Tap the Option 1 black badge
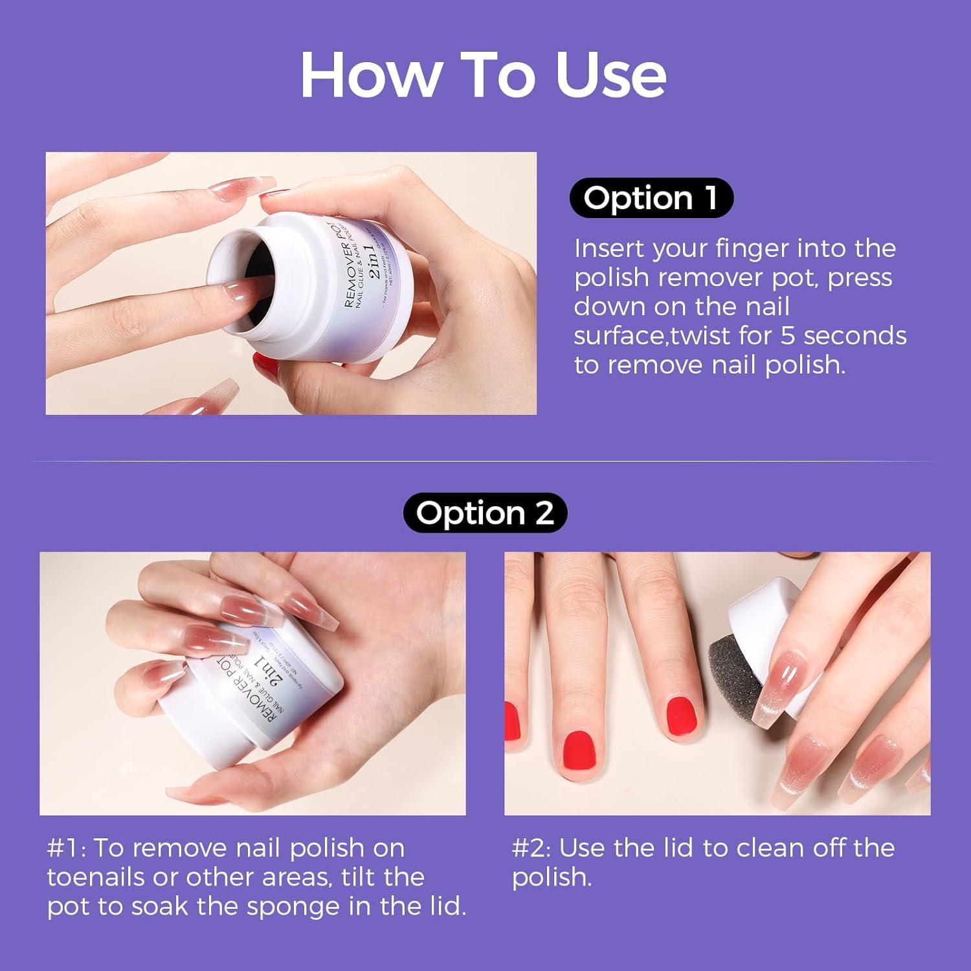click(651, 198)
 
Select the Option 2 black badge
click(484, 513)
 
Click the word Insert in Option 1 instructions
click(608, 248)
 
